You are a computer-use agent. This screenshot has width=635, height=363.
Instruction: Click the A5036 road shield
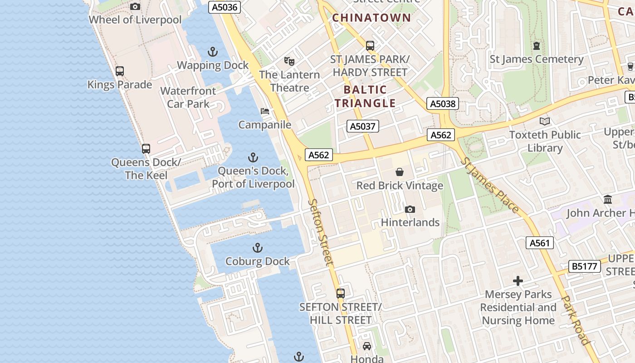click(x=225, y=7)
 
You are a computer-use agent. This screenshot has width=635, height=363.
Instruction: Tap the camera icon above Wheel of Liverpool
click(x=135, y=6)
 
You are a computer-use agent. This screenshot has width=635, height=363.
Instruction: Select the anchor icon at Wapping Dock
click(x=212, y=52)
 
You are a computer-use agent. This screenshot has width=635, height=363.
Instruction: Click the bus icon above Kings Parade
click(x=119, y=71)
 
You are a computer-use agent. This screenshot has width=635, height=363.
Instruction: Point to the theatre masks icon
click(x=289, y=61)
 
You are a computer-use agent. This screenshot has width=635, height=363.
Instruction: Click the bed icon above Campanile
click(x=265, y=111)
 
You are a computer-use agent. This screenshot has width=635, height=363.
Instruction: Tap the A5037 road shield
click(x=363, y=126)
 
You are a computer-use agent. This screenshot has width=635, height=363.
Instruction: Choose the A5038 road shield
click(x=443, y=104)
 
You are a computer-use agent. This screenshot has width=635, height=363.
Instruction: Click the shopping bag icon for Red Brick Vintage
click(x=400, y=172)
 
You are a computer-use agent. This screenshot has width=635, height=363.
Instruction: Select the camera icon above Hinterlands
click(x=410, y=209)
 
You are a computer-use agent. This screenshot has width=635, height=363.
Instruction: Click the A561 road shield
click(x=540, y=243)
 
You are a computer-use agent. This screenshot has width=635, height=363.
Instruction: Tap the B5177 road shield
click(x=585, y=266)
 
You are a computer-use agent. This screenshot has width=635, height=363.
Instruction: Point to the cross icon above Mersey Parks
click(x=518, y=281)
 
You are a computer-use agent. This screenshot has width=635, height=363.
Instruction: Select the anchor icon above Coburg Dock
click(x=257, y=248)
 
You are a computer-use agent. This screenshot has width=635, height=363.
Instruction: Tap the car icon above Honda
click(x=366, y=346)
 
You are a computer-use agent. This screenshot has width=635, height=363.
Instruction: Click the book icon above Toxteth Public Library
click(x=544, y=121)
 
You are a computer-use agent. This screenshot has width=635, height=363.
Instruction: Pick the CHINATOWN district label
click(x=371, y=18)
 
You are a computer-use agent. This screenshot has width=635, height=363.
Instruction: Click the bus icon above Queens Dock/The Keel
click(x=146, y=148)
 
